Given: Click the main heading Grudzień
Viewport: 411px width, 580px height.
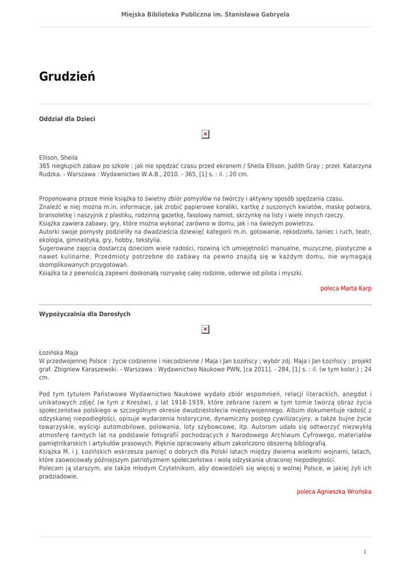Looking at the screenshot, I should pyautogui.click(x=67, y=76).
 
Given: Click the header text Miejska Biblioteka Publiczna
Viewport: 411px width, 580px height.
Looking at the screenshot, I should pyautogui.click(x=205, y=14).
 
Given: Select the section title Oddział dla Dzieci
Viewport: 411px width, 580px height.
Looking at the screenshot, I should pyautogui.click(x=67, y=119).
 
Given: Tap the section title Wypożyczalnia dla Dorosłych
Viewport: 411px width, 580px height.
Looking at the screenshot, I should pyautogui.click(x=84, y=314).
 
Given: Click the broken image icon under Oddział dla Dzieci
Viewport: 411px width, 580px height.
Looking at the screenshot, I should pyautogui.click(x=205, y=134).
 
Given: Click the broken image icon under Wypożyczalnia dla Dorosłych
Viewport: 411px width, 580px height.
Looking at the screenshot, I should pyautogui.click(x=205, y=329).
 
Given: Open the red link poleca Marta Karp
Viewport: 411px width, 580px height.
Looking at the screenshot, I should pyautogui.click(x=346, y=288).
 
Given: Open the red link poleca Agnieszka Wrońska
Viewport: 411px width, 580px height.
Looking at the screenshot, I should pyautogui.click(x=334, y=492).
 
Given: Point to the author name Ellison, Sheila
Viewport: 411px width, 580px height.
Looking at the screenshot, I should pyautogui.click(x=58, y=157).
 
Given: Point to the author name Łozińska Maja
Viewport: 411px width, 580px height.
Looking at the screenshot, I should pyautogui.click(x=58, y=352).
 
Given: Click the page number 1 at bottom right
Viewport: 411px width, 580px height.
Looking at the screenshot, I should pyautogui.click(x=365, y=552).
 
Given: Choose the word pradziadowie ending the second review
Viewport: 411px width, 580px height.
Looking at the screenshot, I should pyautogui.click(x=58, y=477).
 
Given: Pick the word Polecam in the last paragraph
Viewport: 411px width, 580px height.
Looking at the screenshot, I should pyautogui.click(x=51, y=468).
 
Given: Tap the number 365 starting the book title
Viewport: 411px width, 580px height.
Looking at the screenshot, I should pyautogui.click(x=45, y=166).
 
